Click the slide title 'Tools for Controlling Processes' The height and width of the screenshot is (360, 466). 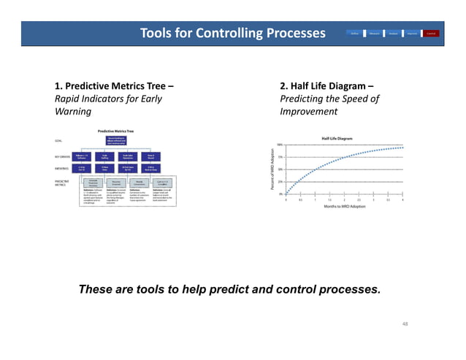pos(232,34)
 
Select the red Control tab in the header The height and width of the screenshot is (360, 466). pos(432,34)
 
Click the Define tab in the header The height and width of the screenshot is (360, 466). pos(354,34)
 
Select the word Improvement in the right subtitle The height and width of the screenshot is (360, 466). pos(308,112)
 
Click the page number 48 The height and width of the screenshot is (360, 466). pos(407,321)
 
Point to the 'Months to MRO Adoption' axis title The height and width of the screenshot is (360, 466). pos(344,207)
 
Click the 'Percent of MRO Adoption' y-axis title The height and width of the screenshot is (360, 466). pos(272,170)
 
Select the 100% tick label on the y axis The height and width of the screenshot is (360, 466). pos(280,145)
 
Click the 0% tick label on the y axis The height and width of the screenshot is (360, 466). pos(281,194)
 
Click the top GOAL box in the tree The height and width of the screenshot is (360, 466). pos(118,140)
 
